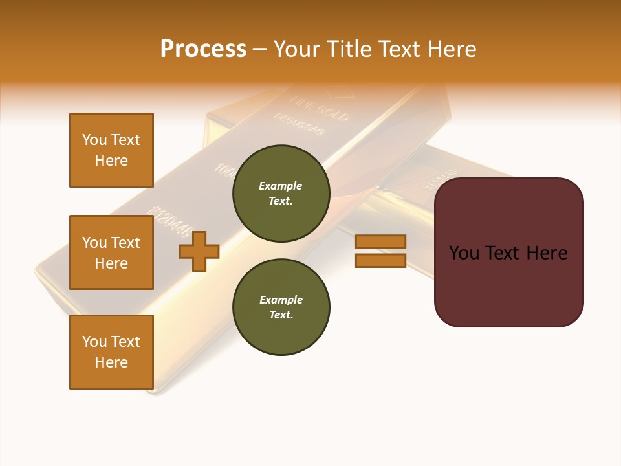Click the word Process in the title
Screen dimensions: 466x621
point(203,49)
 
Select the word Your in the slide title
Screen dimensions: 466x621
point(297,49)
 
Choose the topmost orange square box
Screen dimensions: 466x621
point(111,150)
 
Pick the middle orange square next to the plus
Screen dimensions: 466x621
point(111,252)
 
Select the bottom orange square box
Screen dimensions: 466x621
point(111,352)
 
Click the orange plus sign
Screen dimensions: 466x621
point(199,251)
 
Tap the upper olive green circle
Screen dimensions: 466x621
point(281,194)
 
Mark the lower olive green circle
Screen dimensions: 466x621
point(281,307)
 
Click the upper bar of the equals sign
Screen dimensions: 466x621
point(380,241)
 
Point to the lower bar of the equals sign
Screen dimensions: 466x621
point(380,261)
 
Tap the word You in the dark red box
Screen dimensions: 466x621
point(464,253)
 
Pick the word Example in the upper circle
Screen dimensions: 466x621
point(281,186)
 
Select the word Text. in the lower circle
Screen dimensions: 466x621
point(281,315)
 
